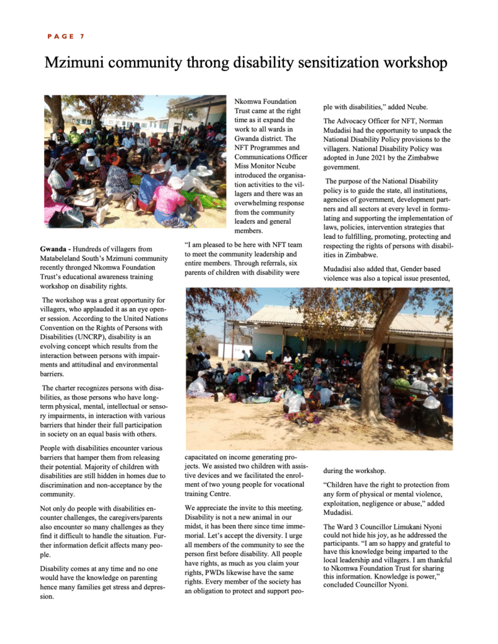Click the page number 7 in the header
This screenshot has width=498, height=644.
pos(82,36)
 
